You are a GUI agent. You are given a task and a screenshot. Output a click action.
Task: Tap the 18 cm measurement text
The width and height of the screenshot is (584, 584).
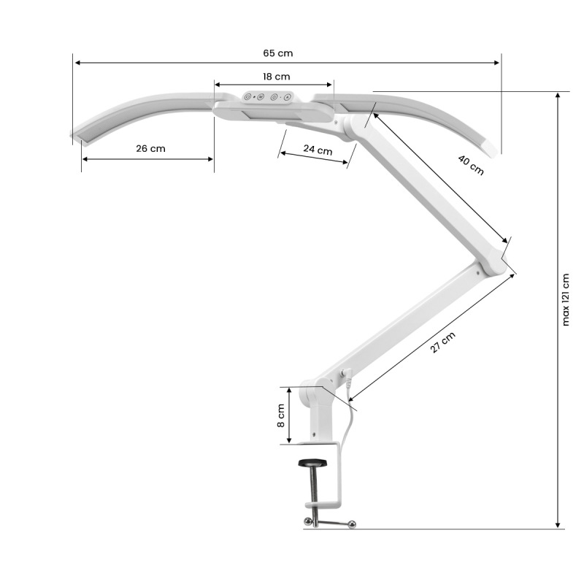277,76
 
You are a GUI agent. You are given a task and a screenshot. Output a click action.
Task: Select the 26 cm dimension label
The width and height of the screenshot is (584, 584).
150,148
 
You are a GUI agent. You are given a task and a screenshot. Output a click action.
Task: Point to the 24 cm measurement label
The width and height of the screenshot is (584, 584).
318,150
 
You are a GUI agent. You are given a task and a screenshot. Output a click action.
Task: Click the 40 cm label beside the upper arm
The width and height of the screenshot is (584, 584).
471,165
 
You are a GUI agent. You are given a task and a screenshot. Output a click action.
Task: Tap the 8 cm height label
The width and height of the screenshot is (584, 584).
281,416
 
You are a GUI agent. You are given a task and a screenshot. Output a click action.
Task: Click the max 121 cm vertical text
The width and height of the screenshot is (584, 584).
567,299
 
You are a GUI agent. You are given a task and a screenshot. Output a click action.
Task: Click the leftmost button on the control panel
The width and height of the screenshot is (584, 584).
248,96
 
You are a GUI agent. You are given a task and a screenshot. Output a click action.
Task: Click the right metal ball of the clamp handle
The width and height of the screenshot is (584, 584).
352,523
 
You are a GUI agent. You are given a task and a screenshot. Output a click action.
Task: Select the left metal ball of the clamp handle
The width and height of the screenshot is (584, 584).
307,520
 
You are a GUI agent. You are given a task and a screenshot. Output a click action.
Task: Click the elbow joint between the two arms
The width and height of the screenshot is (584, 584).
496,261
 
